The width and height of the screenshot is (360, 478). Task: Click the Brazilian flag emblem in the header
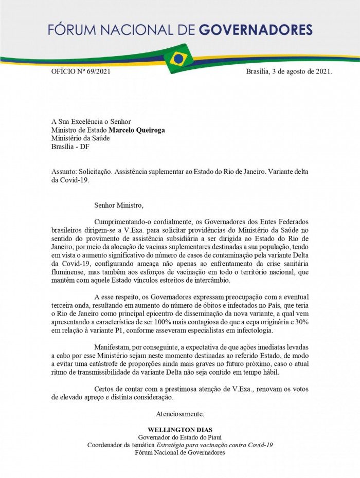point(178,59)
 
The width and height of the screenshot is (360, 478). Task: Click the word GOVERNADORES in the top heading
point(255,30)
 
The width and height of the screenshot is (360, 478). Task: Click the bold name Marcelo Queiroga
point(136,130)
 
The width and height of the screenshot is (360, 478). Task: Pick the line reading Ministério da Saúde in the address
point(80,138)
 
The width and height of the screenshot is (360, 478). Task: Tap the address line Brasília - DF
point(70,146)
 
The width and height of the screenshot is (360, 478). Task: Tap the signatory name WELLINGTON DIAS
point(179,430)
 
